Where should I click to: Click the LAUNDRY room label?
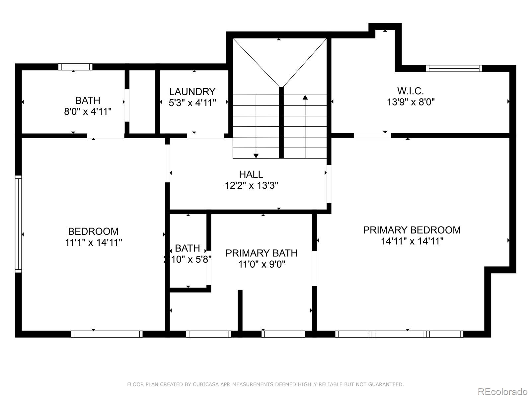click(x=192, y=92)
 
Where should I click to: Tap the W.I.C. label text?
click(x=411, y=91)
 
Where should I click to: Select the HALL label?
click(x=251, y=174)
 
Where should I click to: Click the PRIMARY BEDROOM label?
click(x=412, y=230)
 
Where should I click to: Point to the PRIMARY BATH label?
click(x=262, y=253)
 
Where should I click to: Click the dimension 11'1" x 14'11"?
click(x=93, y=242)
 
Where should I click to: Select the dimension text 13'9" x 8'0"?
click(x=411, y=102)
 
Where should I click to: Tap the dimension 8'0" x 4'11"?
click(x=88, y=111)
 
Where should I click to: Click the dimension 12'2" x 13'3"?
click(x=251, y=185)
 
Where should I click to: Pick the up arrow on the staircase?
click(x=305, y=97)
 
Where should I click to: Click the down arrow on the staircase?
click(x=256, y=156)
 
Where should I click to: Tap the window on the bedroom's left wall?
click(x=18, y=224)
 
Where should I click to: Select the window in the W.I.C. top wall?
click(x=454, y=68)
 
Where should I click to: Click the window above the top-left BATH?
click(x=75, y=67)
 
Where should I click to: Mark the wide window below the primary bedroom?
click(x=399, y=334)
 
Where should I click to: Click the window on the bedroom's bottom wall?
click(x=107, y=334)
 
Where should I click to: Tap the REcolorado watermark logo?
click(x=503, y=391)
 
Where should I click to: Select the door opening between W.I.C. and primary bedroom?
click(x=372, y=135)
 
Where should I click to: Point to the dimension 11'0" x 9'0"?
click(x=262, y=264)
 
